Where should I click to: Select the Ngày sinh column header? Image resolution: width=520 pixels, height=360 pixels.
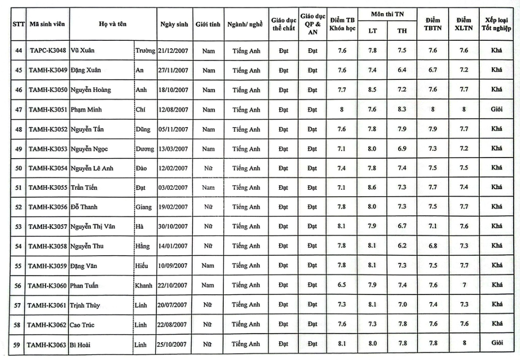click(173, 25)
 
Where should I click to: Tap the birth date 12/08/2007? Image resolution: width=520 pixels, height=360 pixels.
click(173, 110)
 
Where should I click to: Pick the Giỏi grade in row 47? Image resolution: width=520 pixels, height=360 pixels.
click(496, 109)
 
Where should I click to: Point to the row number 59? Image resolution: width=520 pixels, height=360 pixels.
click(18, 343)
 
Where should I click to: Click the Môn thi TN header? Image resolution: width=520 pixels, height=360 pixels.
click(387, 14)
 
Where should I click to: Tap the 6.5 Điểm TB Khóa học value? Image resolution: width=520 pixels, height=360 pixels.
click(342, 285)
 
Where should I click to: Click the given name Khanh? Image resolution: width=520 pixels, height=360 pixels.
click(144, 285)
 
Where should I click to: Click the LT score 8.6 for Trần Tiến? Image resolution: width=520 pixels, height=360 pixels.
click(372, 187)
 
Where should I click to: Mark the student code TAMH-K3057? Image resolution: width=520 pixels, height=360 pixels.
click(47, 227)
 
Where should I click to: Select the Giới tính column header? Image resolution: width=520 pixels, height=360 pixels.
click(208, 25)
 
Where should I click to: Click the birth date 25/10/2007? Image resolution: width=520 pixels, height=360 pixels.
click(173, 344)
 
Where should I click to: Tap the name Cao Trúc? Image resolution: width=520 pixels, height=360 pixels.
click(83, 324)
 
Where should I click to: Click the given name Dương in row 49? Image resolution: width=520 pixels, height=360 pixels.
click(144, 149)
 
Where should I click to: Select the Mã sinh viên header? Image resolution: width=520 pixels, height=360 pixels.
click(47, 25)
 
